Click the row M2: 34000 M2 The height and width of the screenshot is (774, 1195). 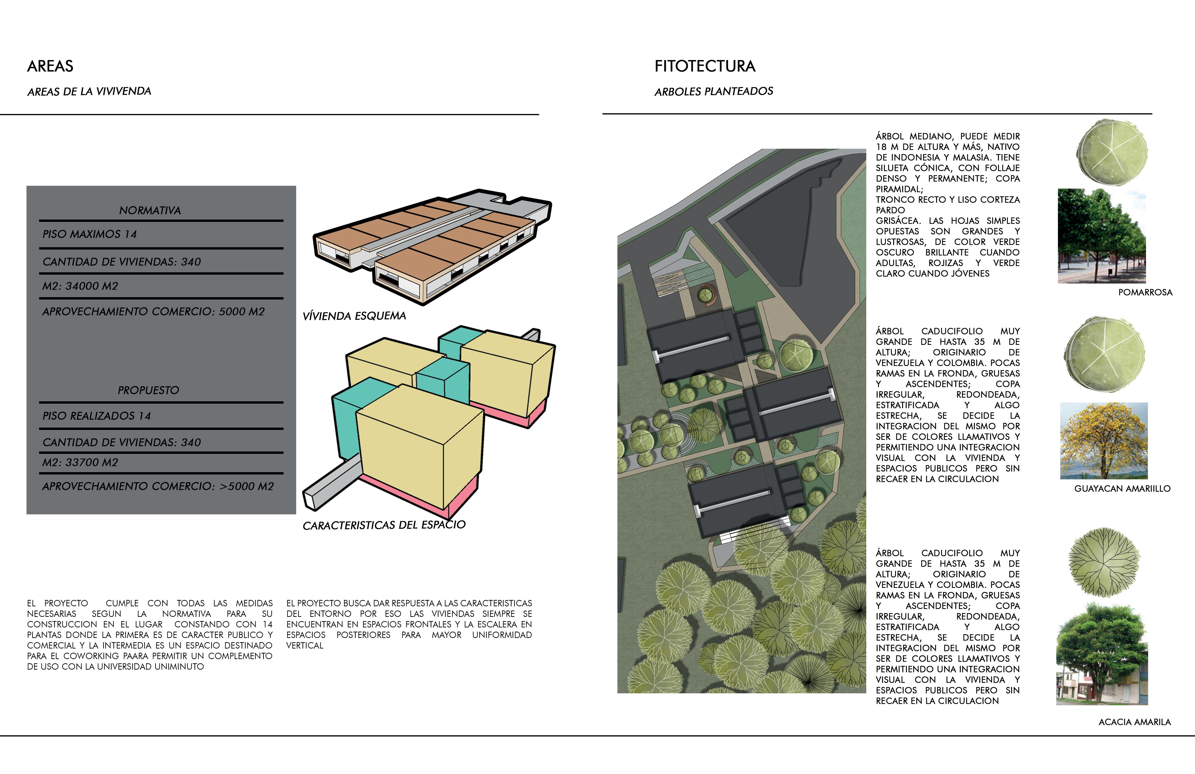click(80, 286)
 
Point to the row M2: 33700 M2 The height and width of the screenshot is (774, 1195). click(80, 462)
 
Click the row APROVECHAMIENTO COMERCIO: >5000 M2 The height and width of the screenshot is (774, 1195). click(158, 486)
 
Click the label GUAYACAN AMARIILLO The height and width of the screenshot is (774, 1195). click(1122, 489)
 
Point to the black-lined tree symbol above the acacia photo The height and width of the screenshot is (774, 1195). click(1104, 562)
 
